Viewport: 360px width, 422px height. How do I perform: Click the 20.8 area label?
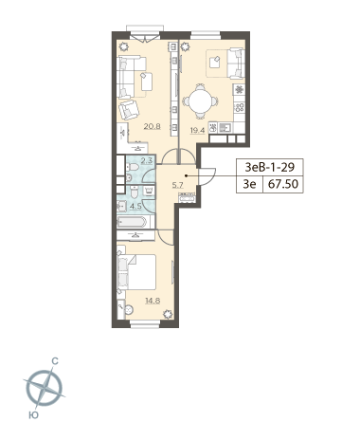point(152,127)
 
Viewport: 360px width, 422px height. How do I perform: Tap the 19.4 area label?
point(197,130)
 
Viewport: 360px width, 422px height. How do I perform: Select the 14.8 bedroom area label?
point(153,301)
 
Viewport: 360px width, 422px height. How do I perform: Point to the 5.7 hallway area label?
point(177,185)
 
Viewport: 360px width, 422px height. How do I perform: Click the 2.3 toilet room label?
point(147,160)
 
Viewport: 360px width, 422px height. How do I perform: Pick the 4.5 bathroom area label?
point(136,207)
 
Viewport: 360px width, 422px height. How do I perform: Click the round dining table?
point(200,101)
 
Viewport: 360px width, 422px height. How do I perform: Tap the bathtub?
point(132,222)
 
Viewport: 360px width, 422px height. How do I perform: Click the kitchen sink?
point(225,128)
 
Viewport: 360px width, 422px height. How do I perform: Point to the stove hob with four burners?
point(240,107)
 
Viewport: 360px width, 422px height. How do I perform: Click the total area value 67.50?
point(283,184)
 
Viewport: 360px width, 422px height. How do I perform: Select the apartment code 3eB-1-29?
point(270,167)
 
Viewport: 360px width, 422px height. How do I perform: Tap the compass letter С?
point(55,361)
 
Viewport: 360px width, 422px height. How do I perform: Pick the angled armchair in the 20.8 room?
point(129,109)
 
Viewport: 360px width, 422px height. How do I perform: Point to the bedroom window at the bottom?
point(145,323)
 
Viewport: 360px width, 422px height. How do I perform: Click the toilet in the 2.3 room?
point(134,167)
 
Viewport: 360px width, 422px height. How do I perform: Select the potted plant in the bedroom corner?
point(168,315)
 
